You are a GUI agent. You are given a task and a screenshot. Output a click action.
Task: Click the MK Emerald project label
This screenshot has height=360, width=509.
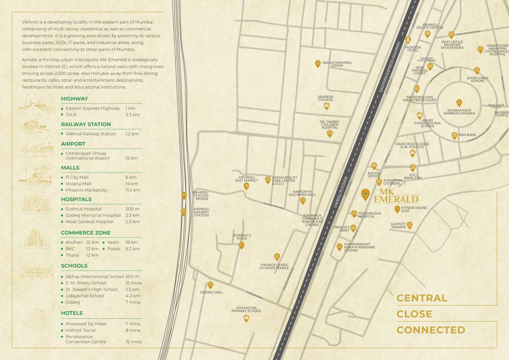point(389,195)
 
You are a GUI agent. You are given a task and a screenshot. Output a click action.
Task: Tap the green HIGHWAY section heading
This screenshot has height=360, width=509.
point(75,99)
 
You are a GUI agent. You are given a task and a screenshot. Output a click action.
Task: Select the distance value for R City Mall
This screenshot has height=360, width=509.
point(131,177)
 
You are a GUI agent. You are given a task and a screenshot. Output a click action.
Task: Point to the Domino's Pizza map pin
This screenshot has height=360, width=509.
point(242,245)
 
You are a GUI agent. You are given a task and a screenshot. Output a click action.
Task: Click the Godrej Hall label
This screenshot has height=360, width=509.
point(211,292)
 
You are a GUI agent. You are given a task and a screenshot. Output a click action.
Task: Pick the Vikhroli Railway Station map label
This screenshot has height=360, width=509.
point(202,212)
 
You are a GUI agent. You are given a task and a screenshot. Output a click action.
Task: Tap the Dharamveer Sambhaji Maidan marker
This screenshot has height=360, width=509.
point(459,103)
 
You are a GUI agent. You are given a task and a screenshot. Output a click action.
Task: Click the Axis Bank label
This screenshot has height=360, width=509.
point(467,135)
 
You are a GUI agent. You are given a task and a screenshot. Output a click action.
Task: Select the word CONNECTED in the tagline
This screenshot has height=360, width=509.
point(431,330)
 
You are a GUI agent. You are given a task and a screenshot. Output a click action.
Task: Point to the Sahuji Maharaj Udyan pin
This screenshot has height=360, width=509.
point(318,64)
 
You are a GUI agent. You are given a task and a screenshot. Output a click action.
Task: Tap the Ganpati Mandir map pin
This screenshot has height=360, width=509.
point(410,225)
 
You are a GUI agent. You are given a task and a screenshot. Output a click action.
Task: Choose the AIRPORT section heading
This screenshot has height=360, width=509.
point(73,144)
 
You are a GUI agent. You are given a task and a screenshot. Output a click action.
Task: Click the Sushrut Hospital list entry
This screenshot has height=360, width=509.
point(83,209)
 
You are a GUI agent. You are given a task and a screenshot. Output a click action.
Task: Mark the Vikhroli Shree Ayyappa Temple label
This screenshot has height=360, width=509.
point(274,266)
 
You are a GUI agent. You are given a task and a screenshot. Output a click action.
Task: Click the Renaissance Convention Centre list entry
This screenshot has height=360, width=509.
point(86,339)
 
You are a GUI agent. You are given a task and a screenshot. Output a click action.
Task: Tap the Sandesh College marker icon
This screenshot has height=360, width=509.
point(326,106)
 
